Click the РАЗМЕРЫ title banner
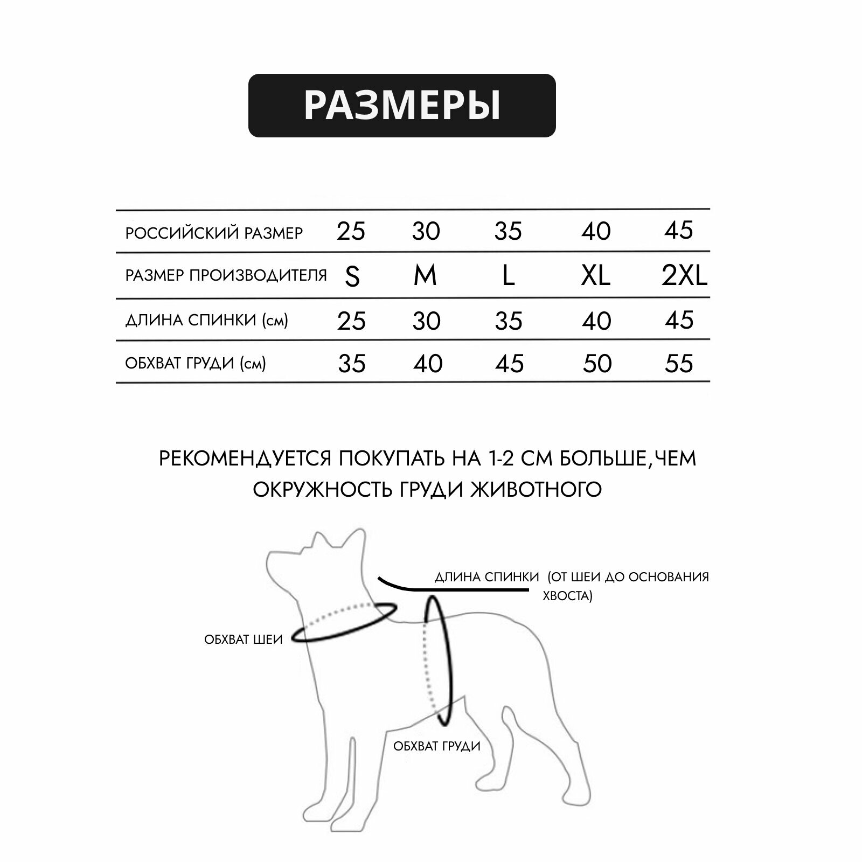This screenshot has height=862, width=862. click(x=402, y=106)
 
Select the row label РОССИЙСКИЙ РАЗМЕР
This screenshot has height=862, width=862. click(x=214, y=233)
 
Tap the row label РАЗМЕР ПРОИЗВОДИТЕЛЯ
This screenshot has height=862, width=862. click(x=226, y=275)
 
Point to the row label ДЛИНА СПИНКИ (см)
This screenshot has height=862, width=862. click(x=206, y=320)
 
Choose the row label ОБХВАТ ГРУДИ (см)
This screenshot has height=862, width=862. click(x=196, y=363)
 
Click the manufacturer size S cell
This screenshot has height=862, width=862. click(x=352, y=277)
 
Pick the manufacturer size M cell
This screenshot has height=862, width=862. click(x=425, y=276)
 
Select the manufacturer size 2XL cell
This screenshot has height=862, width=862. click(x=684, y=276)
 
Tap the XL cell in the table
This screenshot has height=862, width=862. click(x=596, y=276)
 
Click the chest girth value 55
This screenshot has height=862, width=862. click(x=679, y=364)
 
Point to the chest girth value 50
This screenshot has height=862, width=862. click(x=597, y=364)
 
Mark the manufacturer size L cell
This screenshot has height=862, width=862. click(x=508, y=276)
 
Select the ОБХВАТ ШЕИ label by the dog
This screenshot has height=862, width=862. click(x=244, y=639)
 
